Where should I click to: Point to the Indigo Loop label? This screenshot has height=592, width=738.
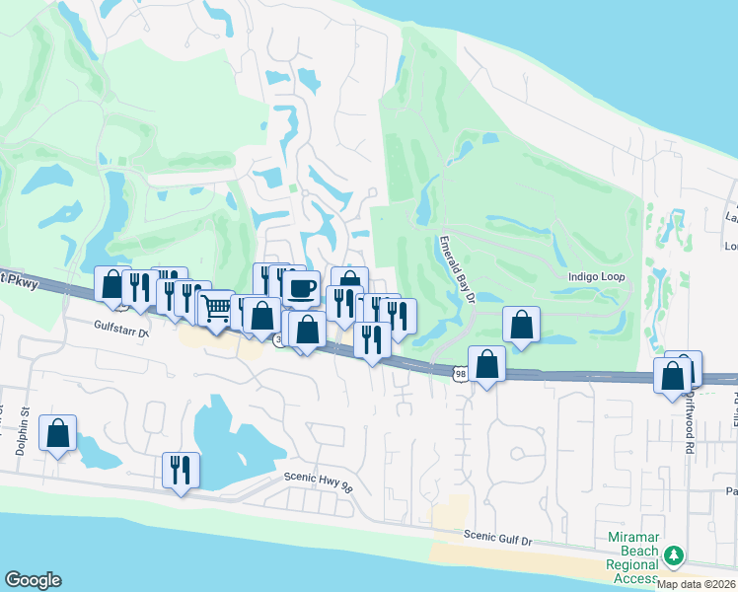coord(598,277)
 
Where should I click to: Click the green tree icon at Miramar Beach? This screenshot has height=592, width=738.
coord(674,555)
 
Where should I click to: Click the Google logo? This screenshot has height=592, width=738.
coord(33,580)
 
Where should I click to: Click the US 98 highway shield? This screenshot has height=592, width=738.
coord(460,372)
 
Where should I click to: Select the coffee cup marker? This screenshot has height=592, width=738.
coord(301,288)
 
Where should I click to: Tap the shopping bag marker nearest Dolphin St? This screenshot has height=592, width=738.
coord(57,432)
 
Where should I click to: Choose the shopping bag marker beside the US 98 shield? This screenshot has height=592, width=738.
coord(486,364)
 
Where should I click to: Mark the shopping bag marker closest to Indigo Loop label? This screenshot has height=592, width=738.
coord(520,325)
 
